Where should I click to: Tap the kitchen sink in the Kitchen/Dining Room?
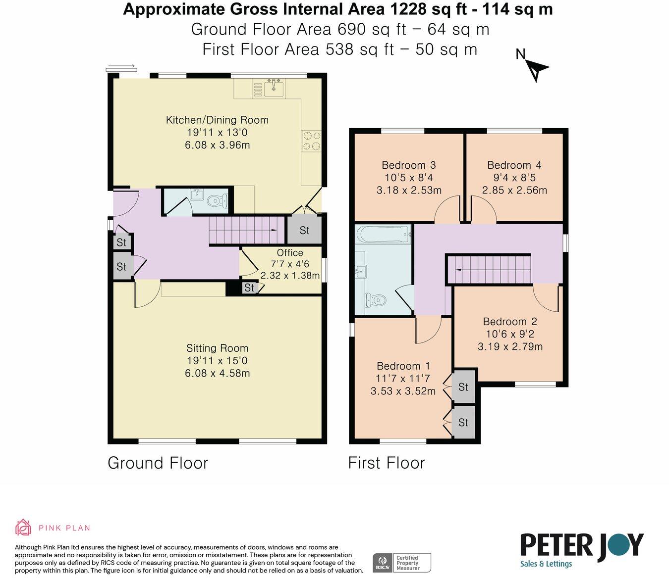274,88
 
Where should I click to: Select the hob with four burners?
311,141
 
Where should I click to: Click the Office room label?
290,253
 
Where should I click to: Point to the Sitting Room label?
217,348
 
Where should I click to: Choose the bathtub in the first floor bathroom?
383,235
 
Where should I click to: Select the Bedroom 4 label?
514,165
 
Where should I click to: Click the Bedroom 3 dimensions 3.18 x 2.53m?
409,190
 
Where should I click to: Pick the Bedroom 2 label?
510,322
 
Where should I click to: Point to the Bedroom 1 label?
403,366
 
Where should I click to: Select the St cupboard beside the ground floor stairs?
304,230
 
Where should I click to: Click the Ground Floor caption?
158,463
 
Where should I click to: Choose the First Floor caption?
387,463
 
